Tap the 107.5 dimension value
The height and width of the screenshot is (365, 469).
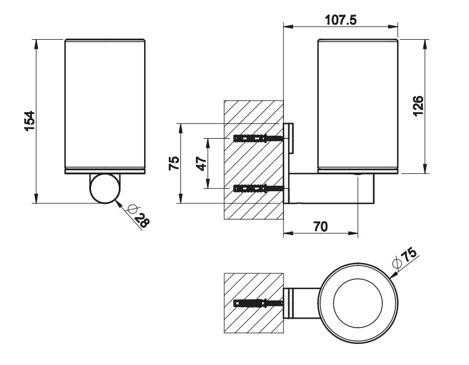tap(341, 20)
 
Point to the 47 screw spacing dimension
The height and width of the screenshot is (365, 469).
tap(201, 162)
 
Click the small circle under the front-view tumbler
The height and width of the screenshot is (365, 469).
tap(104, 188)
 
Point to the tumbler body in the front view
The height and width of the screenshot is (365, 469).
tap(105, 106)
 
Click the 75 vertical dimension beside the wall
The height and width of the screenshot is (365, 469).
tap(174, 162)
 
